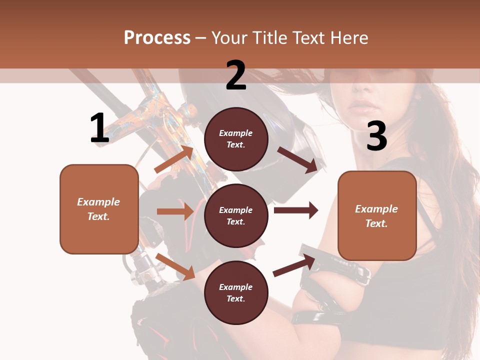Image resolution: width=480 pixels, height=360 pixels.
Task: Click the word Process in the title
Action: tap(157, 37)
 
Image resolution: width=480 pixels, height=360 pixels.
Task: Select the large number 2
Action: tap(236, 75)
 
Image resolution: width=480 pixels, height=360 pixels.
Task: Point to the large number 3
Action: tap(376, 136)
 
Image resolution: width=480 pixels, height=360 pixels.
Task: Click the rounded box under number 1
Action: tap(99, 209)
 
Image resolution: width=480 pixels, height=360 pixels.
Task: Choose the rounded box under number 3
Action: tap(377, 215)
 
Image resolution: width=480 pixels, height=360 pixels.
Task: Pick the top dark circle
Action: tap(236, 139)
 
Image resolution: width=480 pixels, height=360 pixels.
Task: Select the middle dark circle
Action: tap(236, 215)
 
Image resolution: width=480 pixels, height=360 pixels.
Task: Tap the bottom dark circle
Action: tap(236, 292)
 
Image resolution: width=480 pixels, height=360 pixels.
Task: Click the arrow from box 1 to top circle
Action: tap(173, 159)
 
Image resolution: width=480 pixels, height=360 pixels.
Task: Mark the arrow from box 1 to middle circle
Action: tap(175, 211)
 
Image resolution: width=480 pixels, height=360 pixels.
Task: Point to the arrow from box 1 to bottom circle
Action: tap(175, 266)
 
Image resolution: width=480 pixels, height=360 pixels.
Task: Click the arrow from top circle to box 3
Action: tap(298, 159)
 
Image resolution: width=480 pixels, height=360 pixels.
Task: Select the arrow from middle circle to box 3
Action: tap(296, 210)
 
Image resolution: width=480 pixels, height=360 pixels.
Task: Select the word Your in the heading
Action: tap(229, 37)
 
